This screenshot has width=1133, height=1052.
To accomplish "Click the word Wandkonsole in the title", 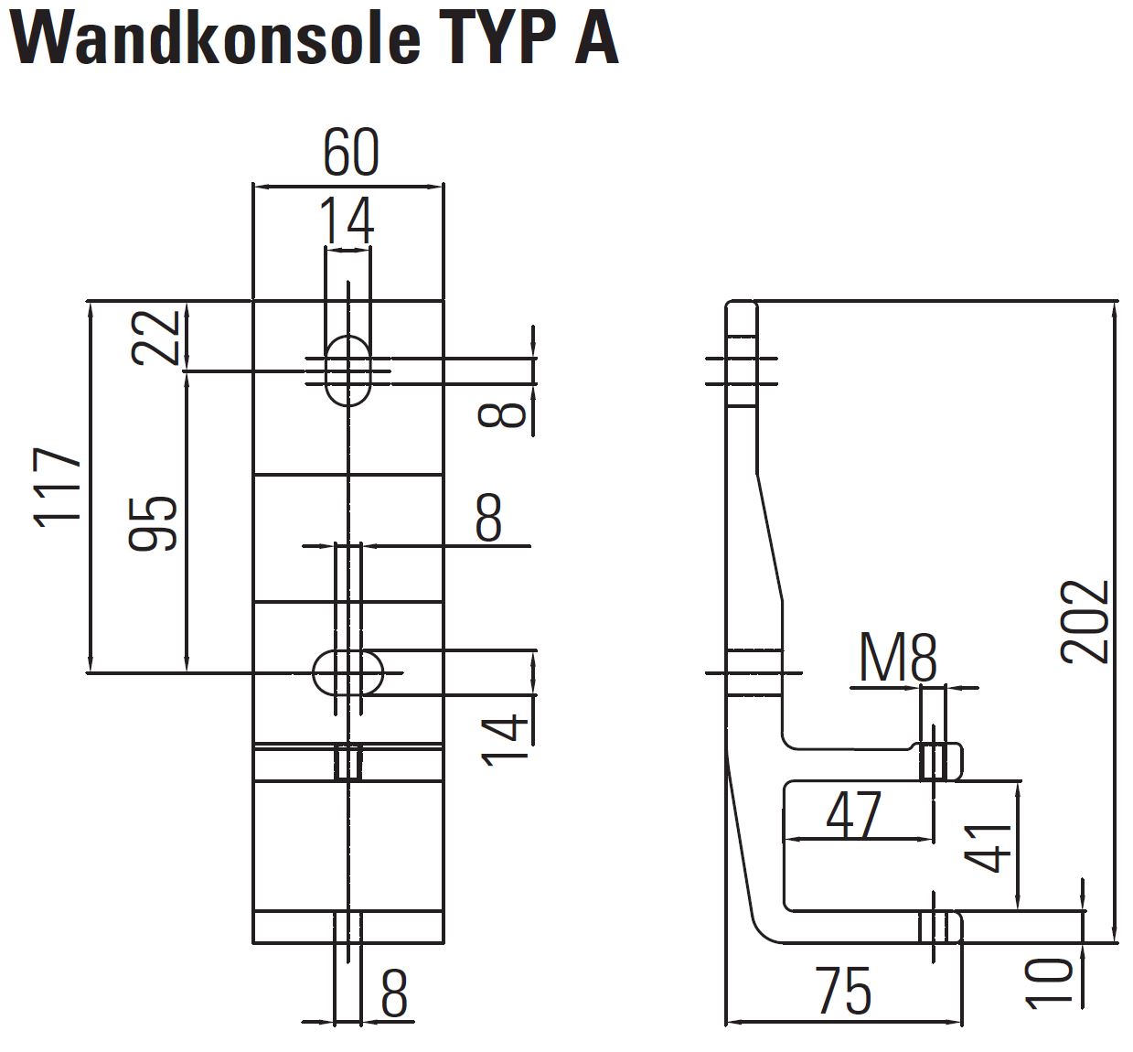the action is [x=216, y=38].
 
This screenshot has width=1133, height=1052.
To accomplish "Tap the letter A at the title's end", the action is [x=596, y=38].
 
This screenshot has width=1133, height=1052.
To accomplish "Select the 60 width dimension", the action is [x=350, y=153].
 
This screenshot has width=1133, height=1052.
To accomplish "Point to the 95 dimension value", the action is [x=153, y=523].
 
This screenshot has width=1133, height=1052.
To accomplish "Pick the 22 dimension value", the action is [x=155, y=337].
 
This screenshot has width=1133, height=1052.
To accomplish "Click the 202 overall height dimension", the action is [x=1085, y=622].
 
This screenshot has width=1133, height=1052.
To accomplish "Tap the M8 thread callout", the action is [x=898, y=658].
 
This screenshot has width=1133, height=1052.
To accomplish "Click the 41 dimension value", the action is [x=987, y=848].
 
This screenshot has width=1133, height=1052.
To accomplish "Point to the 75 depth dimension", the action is [x=844, y=991].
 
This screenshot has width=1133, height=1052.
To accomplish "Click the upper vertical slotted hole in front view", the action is [x=348, y=371].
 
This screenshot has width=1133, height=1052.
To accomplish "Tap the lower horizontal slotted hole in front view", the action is [x=348, y=673].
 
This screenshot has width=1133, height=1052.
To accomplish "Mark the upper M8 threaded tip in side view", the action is [x=940, y=761].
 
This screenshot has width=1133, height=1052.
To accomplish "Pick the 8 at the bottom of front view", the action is [x=394, y=993].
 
